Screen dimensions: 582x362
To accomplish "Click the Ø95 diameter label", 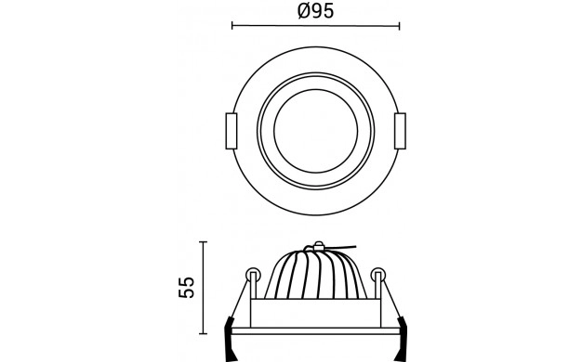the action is tap(315, 11).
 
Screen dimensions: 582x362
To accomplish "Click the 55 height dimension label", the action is tap(186, 287).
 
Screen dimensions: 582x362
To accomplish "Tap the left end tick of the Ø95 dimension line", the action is tap(232, 26).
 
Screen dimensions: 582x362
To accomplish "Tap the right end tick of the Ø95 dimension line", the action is tap(400, 26).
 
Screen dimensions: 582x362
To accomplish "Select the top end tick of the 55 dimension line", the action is tap(203, 241).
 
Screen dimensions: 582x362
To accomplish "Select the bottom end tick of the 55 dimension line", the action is tap(203, 334).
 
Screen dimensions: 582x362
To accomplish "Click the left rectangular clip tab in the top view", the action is tap(231, 131).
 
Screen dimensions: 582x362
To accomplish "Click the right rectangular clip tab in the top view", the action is tap(400, 131).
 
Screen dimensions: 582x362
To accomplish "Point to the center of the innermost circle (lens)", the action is tap(316, 131).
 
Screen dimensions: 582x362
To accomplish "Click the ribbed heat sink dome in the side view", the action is tap(316, 274).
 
